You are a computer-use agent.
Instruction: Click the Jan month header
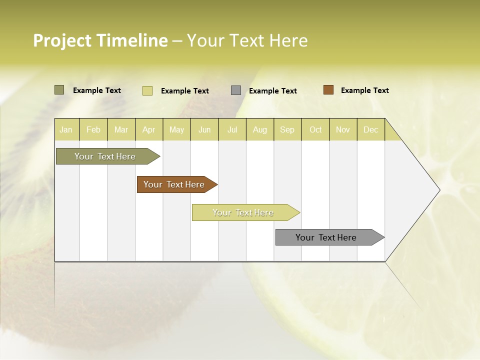click(x=66, y=129)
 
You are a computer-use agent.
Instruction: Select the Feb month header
click(x=93, y=129)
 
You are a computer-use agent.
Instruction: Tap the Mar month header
click(x=121, y=129)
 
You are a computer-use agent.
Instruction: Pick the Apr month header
click(x=149, y=129)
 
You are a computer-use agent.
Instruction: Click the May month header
click(x=176, y=129)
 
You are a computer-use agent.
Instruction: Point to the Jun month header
click(x=204, y=129)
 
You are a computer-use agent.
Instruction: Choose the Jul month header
click(x=232, y=129)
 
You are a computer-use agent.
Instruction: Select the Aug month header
click(x=260, y=129)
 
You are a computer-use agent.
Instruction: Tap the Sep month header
click(x=287, y=129)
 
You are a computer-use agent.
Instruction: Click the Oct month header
click(x=315, y=129)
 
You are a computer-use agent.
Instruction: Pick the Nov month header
click(x=343, y=129)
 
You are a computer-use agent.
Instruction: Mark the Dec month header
click(x=371, y=129)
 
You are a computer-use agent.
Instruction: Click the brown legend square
click(x=328, y=90)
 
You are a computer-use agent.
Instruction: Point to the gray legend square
click(x=236, y=90)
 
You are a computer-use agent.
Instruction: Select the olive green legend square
click(x=59, y=90)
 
